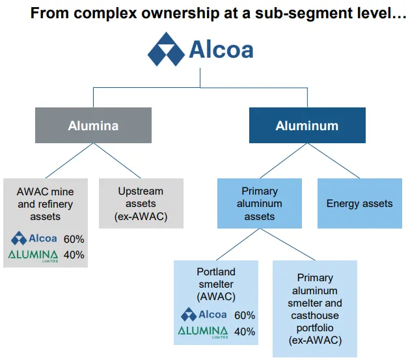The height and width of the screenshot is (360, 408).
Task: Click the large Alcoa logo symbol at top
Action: (165, 50)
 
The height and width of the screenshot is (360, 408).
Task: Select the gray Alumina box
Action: (93, 126)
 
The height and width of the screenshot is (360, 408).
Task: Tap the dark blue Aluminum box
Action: (306, 126)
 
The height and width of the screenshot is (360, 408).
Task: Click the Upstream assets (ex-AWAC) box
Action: (141, 203)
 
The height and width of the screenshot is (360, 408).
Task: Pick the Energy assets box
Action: (359, 203)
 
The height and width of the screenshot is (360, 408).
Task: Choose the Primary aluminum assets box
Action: (260, 203)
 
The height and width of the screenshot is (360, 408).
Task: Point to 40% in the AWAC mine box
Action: (73, 255)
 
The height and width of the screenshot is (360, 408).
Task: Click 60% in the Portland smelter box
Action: (244, 315)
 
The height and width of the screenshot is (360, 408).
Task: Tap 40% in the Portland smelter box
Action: (244, 332)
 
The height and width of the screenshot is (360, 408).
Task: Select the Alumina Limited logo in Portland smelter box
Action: (204, 333)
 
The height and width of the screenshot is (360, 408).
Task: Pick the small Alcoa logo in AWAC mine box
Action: (34, 238)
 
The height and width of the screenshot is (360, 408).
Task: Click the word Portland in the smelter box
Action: (215, 271)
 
